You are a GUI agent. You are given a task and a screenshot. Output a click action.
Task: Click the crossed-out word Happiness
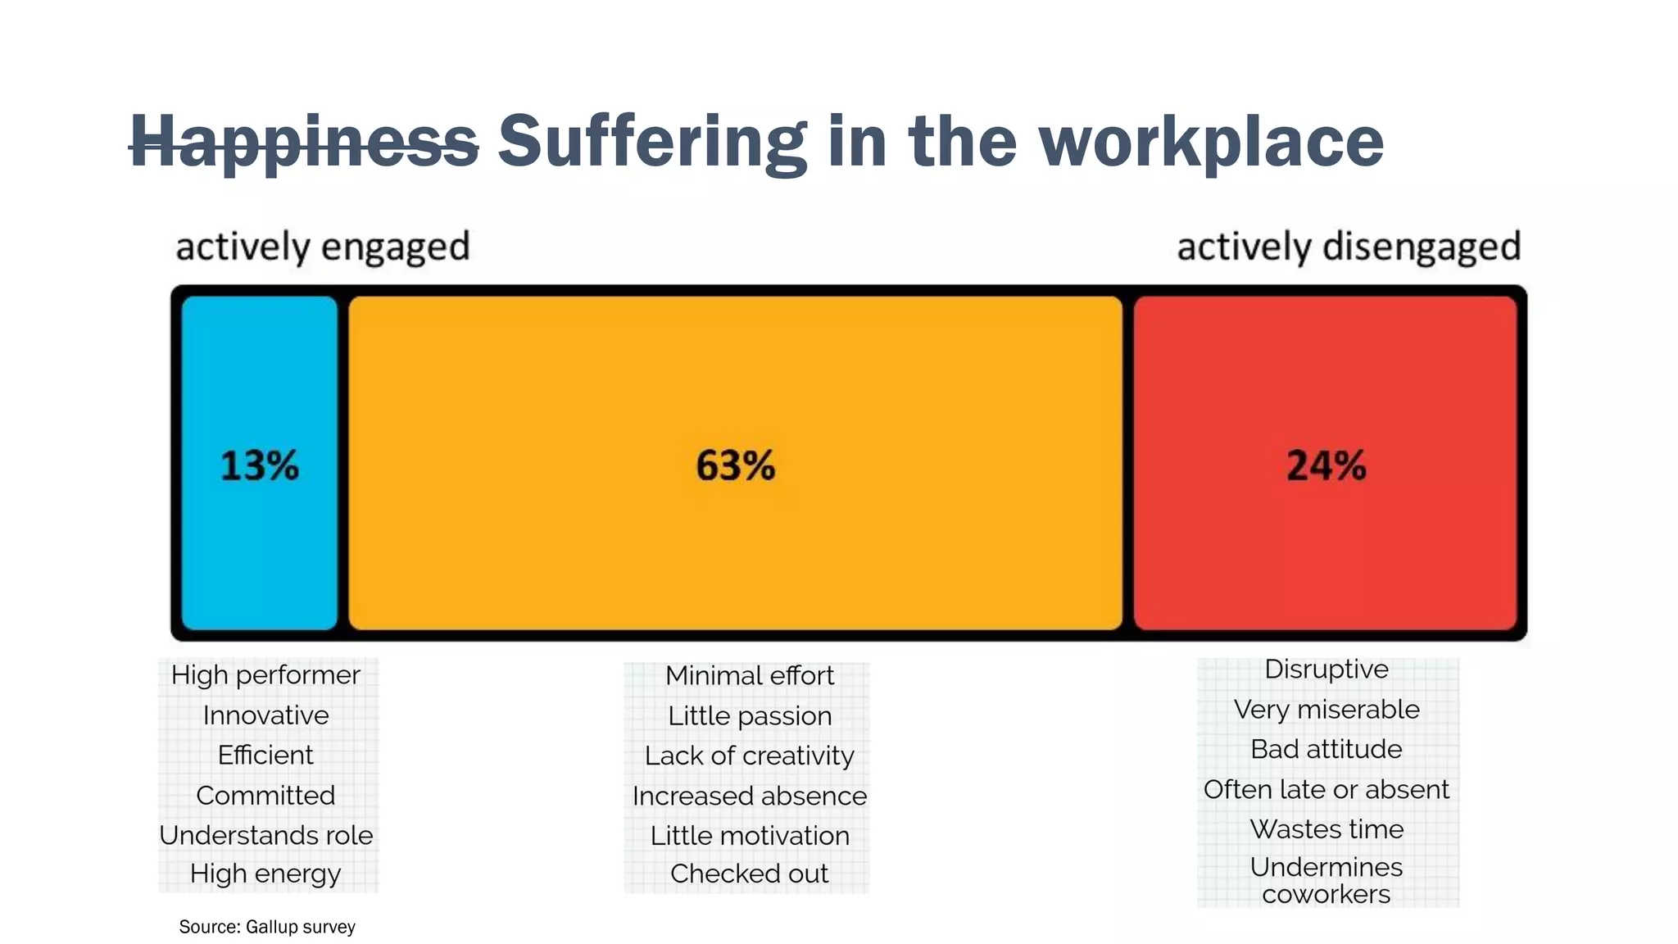point(304,142)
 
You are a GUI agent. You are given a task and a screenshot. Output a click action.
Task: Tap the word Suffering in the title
point(652,142)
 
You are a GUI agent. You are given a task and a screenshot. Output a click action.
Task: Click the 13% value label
point(260,465)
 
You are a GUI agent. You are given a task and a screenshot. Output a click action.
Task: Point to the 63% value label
point(735,465)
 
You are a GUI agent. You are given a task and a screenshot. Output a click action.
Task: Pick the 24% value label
point(1326,465)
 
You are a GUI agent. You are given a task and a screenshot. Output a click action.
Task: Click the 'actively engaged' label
point(323,247)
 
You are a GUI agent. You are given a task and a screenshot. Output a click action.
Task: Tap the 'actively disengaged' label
point(1349,247)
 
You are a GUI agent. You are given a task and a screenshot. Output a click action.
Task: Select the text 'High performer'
point(265,675)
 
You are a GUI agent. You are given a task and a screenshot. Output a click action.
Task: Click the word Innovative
point(265,715)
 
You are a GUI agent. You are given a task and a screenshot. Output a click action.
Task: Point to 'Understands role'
point(265,835)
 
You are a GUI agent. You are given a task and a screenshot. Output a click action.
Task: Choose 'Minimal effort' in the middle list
point(749,676)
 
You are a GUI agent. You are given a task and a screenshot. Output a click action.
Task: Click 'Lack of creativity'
point(749,756)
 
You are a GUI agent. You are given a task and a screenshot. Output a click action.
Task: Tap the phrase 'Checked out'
point(749,874)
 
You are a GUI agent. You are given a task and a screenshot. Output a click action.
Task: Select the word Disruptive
point(1326,669)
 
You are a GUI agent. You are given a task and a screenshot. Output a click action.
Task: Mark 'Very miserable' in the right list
point(1326,709)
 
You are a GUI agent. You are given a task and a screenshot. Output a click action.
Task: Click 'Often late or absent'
point(1326,789)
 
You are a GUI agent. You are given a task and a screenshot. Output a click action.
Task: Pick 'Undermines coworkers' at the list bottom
point(1326,880)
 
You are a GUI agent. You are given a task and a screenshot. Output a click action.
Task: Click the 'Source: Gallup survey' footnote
point(267,927)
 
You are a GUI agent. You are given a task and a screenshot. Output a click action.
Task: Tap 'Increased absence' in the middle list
point(749,796)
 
